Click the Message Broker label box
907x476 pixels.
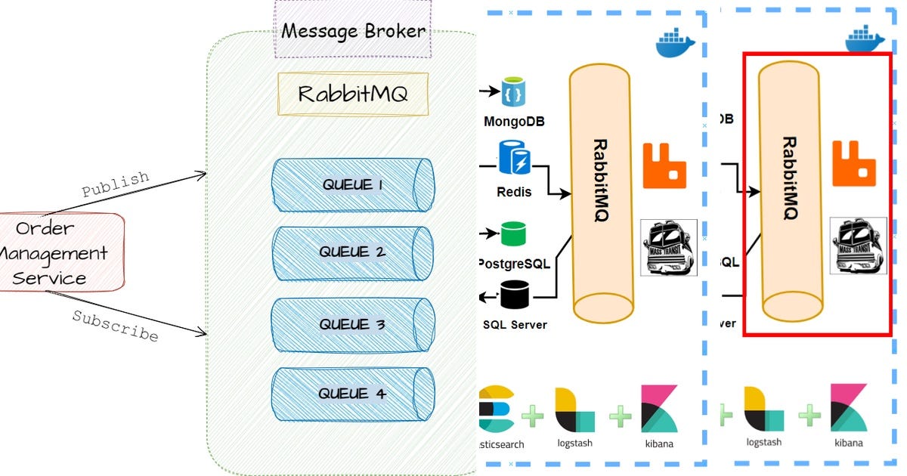353,30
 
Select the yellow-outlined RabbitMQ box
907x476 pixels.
353,94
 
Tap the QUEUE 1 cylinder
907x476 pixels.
353,185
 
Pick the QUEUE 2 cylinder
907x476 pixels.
353,252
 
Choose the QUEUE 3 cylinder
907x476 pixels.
353,325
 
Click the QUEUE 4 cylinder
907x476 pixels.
353,394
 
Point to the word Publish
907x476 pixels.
115,184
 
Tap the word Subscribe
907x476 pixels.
115,326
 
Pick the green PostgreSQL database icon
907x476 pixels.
513,234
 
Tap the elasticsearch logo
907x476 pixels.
497,408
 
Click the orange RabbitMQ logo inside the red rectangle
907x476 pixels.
853,163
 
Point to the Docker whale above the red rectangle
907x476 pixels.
864,39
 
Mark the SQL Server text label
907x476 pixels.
514,325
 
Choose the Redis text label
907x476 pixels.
514,192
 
